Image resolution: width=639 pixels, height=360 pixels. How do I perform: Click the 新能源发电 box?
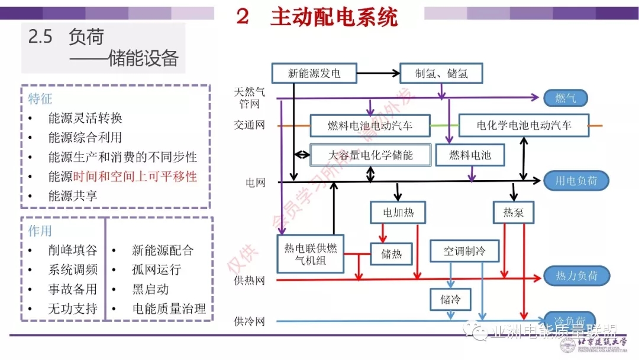coord(314,73)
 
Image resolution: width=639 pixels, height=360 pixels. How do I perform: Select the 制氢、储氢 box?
coord(441,73)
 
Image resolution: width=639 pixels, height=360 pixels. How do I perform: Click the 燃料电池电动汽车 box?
coord(370,126)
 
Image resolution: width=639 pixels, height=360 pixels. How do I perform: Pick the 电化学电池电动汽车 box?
coord(524,126)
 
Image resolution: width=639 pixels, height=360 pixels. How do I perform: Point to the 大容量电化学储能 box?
coord(370,155)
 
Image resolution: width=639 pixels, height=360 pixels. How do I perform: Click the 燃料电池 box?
coord(470,155)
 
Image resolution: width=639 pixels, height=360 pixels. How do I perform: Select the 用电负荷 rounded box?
coord(576,181)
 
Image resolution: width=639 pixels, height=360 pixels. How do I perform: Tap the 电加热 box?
coord(398,213)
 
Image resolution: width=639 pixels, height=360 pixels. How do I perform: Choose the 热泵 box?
coord(513,213)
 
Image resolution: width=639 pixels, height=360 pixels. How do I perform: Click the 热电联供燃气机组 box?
coord(311,254)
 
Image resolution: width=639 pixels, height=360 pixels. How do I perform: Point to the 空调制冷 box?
coord(464,251)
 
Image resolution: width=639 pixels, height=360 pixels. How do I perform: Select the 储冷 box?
coord(450,299)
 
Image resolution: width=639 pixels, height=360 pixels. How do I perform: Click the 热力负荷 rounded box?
coord(576,276)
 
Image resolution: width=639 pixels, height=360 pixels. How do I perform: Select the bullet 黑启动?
coord(150,290)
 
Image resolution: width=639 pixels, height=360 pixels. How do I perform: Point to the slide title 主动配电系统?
coord(334,17)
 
